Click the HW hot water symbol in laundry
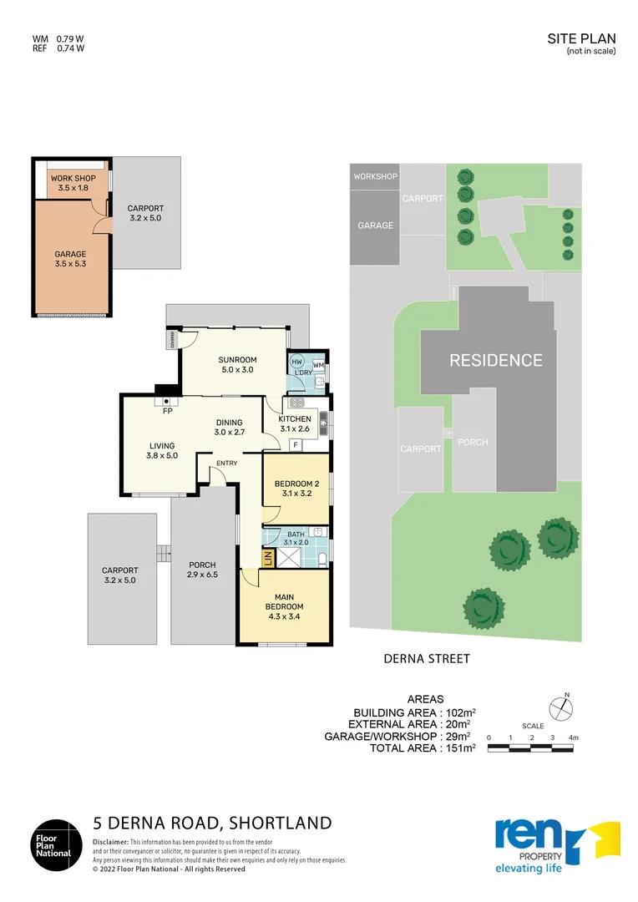click(x=296, y=362)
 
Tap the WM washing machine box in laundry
click(x=318, y=366)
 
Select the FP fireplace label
click(x=167, y=411)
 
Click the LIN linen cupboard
click(x=267, y=559)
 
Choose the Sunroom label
click(x=236, y=362)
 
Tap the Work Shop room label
click(x=73, y=184)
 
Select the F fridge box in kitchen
click(x=295, y=445)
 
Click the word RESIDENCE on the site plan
click(x=496, y=361)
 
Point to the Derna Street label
click(x=426, y=658)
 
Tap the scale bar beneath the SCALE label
click(x=533, y=748)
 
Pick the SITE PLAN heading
click(x=581, y=38)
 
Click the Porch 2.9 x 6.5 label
click(x=203, y=570)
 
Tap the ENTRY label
click(x=226, y=463)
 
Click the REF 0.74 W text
click(x=58, y=48)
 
